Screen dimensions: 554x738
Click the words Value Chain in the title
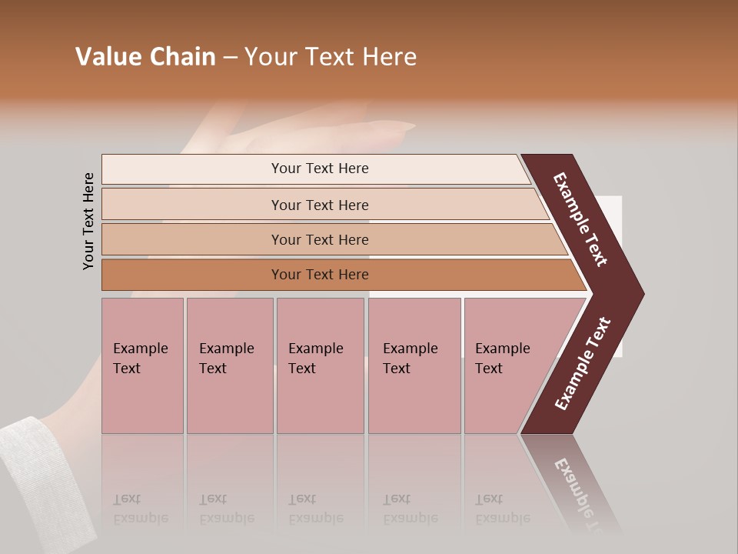[145, 57]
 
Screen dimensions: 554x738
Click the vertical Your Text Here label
[88, 221]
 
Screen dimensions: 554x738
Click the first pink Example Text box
[142, 365]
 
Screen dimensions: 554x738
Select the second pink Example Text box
[229, 365]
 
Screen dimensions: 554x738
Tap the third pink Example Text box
[319, 365]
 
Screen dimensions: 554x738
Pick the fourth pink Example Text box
[414, 365]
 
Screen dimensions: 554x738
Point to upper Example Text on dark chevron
[580, 219]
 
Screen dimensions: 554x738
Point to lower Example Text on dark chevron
[583, 363]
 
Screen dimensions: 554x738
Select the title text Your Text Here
[331, 57]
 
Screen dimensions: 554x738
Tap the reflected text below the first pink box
[140, 509]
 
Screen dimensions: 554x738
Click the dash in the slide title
[230, 57]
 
